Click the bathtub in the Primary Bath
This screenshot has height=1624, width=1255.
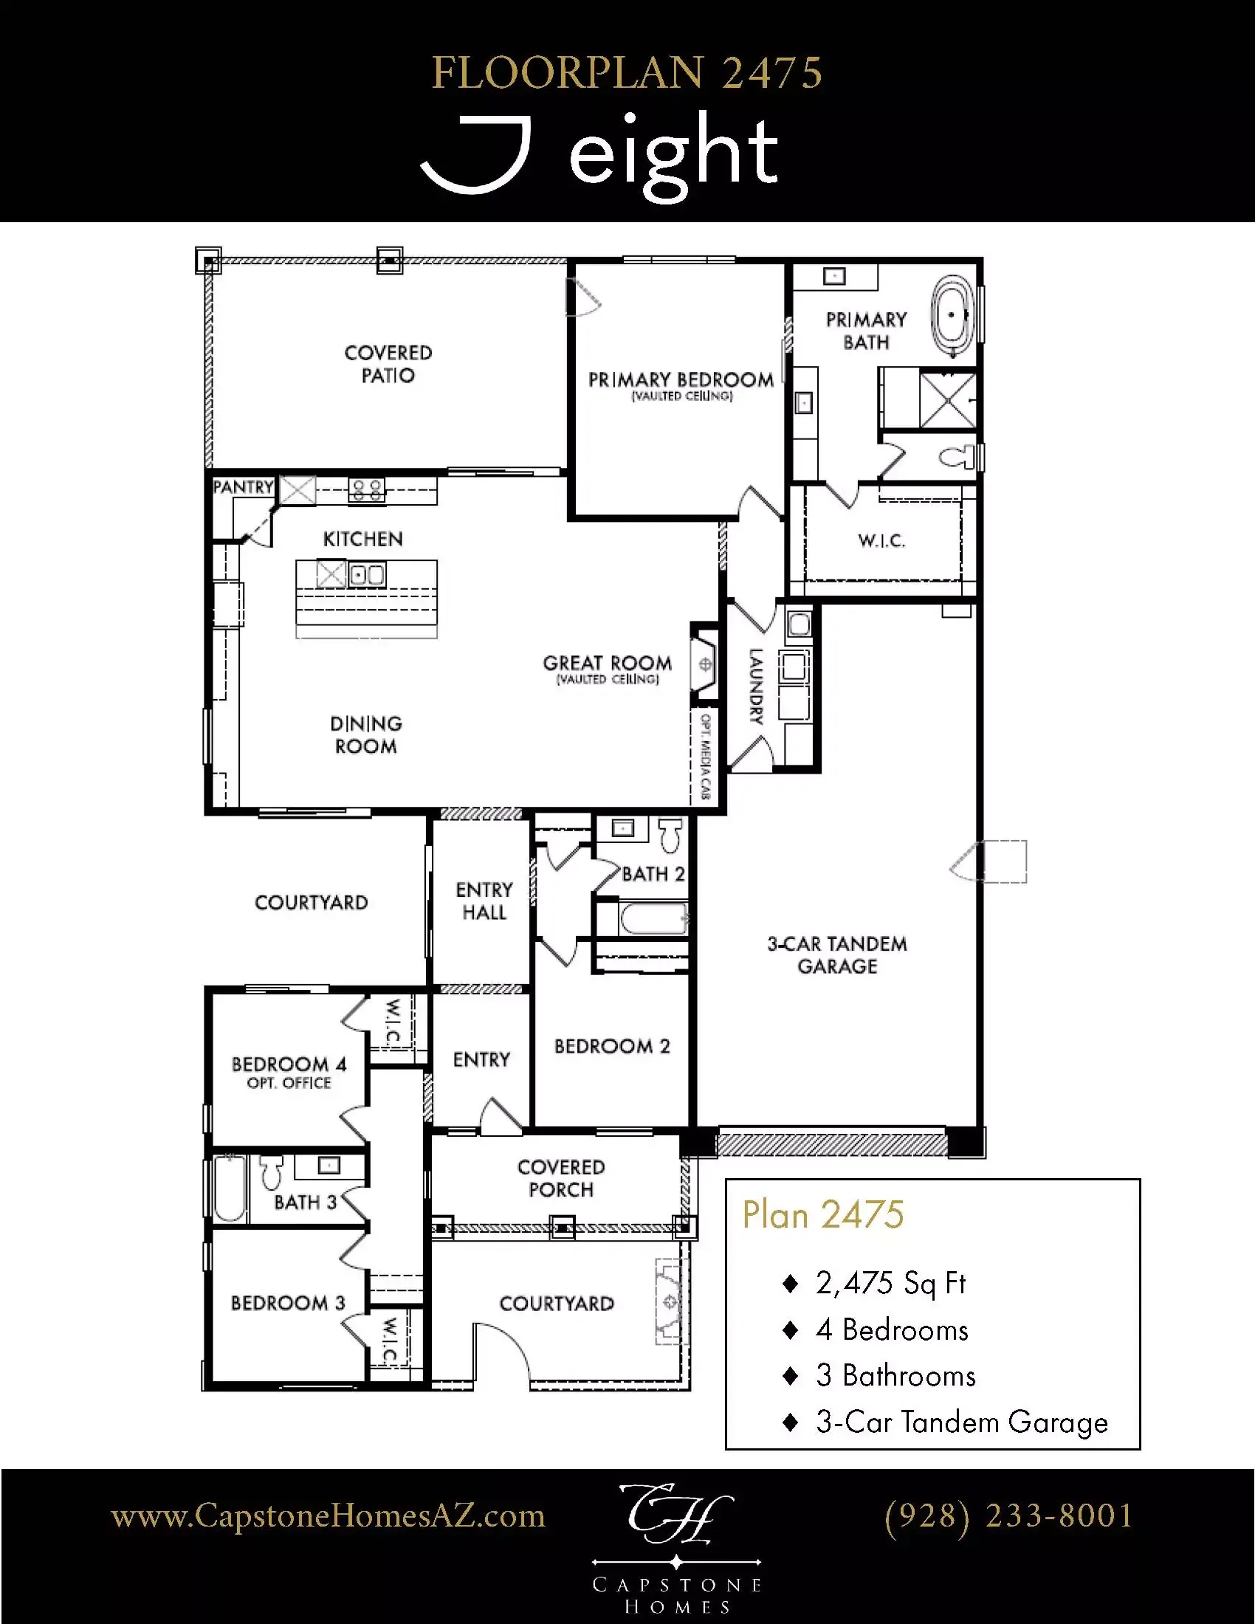click(x=952, y=314)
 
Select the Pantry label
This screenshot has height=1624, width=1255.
click(x=243, y=487)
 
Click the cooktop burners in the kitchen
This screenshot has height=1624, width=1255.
click(x=368, y=490)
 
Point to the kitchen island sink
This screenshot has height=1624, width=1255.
click(x=368, y=575)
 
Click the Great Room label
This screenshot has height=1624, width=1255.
click(x=608, y=663)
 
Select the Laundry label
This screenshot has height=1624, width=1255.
click(x=756, y=687)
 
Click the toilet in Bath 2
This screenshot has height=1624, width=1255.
click(x=670, y=835)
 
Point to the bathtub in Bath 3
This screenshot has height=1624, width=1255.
click(x=230, y=1189)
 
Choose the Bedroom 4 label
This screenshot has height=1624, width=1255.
click(x=289, y=1064)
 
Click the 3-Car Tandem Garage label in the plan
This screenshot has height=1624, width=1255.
click(x=837, y=954)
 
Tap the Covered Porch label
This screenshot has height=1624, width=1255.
click(x=561, y=1179)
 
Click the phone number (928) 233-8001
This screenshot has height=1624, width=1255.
click(x=1009, y=1515)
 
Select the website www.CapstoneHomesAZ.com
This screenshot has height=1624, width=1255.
click(x=328, y=1516)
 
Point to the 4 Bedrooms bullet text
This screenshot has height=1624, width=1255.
click(x=892, y=1330)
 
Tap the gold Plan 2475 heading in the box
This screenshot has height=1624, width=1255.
click(x=823, y=1215)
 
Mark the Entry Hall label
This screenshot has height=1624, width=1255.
click(x=485, y=901)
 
